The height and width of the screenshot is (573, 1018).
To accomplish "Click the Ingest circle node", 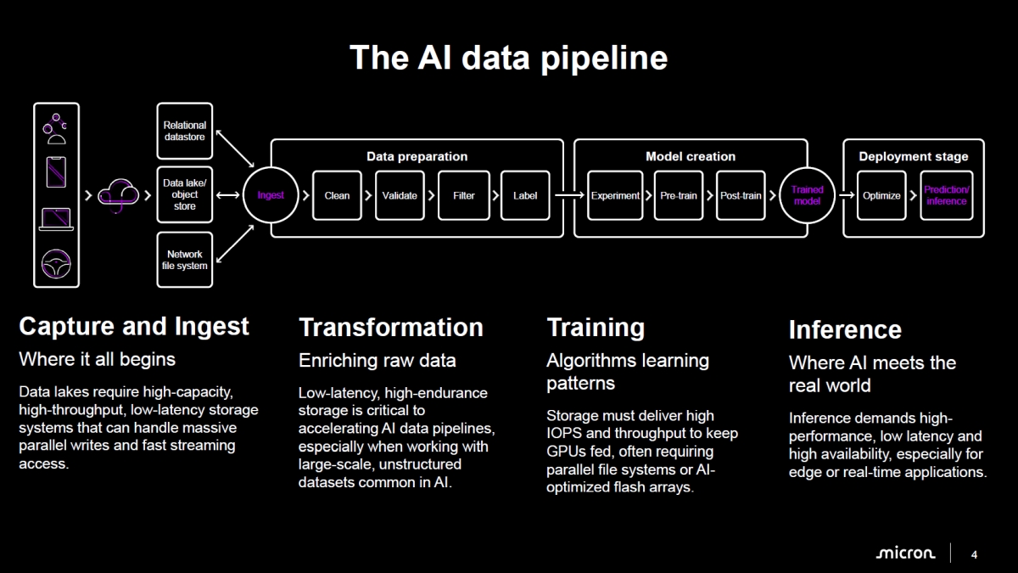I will click(271, 195).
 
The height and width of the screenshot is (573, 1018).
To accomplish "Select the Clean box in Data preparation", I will click(337, 195).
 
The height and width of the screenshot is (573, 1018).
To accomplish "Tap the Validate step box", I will click(400, 195).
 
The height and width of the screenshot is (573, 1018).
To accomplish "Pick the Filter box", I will click(463, 195).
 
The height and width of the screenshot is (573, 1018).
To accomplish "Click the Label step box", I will click(525, 195).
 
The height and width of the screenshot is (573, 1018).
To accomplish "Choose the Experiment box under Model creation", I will click(615, 195).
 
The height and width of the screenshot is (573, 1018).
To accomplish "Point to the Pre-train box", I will click(679, 195).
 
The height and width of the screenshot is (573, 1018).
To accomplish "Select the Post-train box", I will click(741, 195).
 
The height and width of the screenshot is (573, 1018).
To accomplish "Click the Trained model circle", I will click(807, 195).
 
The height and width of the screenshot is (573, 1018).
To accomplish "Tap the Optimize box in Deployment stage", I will click(881, 195).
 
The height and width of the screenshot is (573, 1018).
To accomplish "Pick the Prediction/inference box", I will click(946, 195).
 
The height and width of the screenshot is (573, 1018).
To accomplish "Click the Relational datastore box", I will click(185, 131).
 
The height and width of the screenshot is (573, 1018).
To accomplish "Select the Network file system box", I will click(185, 260).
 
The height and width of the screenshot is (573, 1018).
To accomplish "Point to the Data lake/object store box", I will click(185, 194).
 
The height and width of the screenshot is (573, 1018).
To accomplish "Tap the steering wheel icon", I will click(56, 263).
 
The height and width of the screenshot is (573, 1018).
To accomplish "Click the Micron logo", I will click(905, 553).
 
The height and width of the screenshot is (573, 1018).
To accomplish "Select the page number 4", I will click(974, 554).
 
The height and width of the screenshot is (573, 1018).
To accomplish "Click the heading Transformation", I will click(391, 328).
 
